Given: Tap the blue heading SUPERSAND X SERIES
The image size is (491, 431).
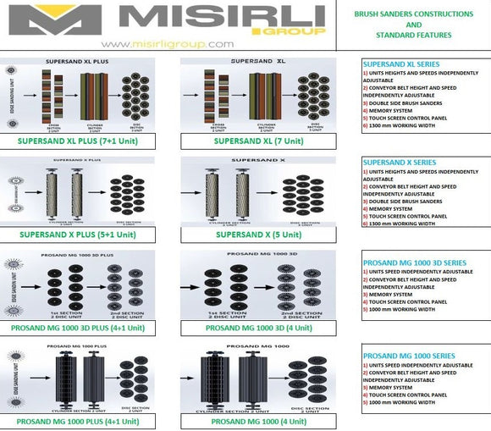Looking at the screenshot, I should (400, 162).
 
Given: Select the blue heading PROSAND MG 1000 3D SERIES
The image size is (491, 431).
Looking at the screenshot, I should (414, 263).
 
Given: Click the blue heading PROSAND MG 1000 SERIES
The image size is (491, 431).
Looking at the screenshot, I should (408, 356).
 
